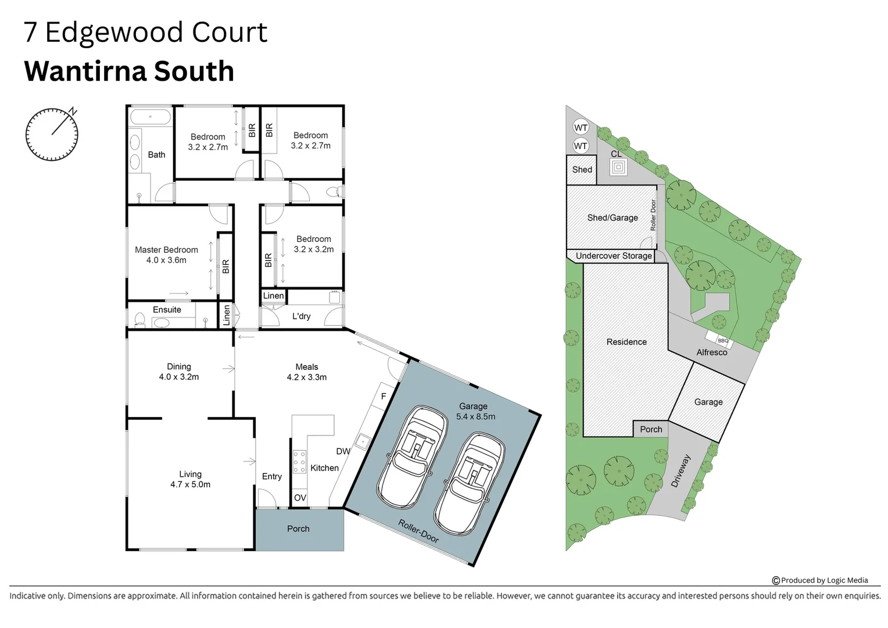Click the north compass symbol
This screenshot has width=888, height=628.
click(52, 134)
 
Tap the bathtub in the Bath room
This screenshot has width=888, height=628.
click(151, 117)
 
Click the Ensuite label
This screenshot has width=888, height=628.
click(167, 310)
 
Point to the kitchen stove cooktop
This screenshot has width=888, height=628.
click(299, 462)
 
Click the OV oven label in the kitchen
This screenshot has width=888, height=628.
click(300, 498)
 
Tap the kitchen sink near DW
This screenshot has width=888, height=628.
click(362, 442)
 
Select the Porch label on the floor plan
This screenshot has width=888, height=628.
click(298, 529)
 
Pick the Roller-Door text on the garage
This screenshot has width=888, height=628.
click(418, 531)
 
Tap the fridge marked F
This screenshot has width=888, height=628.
click(384, 397)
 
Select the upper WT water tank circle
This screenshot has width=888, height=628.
click(581, 128)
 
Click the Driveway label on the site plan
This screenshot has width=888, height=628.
click(681, 471)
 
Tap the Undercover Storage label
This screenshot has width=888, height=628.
click(614, 256)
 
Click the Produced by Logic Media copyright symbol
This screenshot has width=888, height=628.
click(775, 580)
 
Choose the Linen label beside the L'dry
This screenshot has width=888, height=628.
click(273, 296)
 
